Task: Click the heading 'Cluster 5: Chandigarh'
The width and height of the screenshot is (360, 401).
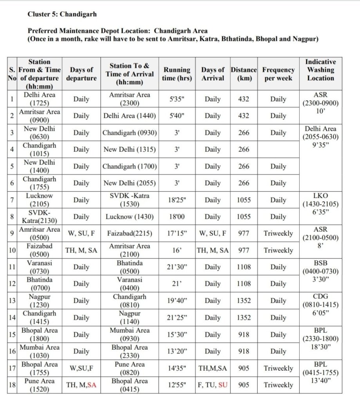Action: pos(62,14)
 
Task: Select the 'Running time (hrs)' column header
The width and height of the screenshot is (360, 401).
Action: pos(177,74)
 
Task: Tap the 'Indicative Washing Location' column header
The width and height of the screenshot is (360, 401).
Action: pos(320,70)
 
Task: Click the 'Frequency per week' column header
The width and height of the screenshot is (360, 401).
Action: pos(278,74)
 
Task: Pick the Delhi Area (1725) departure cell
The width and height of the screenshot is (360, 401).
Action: pos(40,99)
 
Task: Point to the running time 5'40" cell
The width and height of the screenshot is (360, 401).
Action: pos(177,116)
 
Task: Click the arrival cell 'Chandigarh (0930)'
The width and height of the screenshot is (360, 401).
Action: pos(130,133)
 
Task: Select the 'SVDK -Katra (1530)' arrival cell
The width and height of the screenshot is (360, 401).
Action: pos(130,200)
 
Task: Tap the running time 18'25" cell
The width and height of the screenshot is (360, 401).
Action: pos(177,200)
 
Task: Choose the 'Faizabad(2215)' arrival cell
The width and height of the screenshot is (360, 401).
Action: pos(130,234)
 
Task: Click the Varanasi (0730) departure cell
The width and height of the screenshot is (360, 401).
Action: pos(40,267)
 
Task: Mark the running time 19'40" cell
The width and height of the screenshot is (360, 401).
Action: pos(177,301)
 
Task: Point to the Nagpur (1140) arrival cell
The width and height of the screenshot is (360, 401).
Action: pos(130,318)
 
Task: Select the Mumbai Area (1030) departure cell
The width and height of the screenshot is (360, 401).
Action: pos(40,351)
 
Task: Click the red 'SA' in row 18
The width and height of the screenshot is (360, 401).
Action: pos(92,385)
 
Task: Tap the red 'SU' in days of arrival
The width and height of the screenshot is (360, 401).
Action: pos(223,385)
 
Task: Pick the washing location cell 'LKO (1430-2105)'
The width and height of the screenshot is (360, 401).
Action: pos(320,204)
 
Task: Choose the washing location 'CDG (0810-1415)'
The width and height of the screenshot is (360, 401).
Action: pos(320,305)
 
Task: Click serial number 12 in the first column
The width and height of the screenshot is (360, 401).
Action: pos(12,284)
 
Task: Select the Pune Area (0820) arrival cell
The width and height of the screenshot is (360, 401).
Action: pos(130,368)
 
